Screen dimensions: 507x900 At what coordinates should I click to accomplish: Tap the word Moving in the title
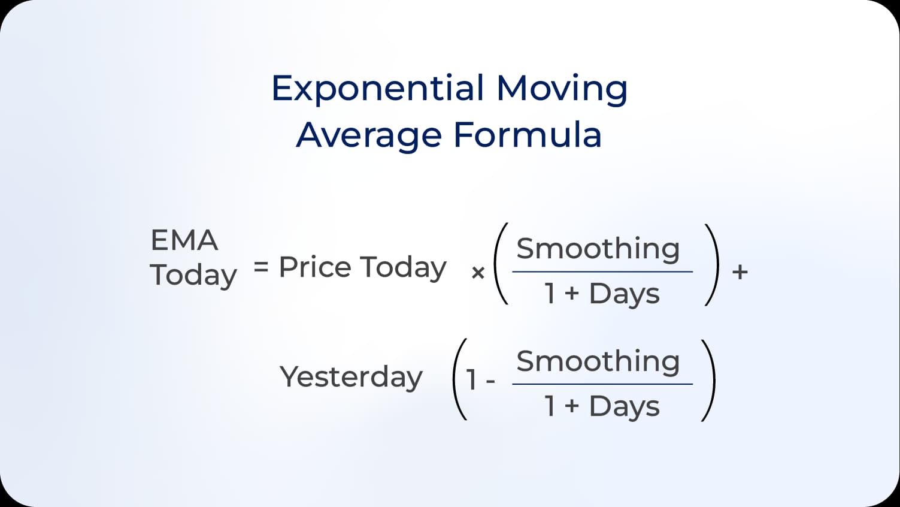pos(562,88)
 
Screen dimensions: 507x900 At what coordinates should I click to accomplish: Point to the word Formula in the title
pos(527,134)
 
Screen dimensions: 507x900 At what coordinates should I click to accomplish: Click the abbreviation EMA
pos(184,240)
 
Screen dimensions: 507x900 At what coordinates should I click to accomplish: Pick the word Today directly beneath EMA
pos(193,275)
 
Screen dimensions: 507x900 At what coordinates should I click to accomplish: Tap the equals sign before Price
pos(260,266)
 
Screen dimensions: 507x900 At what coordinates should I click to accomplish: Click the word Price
pos(315,267)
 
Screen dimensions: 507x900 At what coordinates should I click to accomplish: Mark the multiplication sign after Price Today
pos(478,273)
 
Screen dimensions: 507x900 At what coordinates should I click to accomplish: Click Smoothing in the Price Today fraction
pos(598,249)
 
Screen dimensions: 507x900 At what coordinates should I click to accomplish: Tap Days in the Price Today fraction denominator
pos(624,294)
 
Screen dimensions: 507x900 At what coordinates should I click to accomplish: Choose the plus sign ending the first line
pos(740,272)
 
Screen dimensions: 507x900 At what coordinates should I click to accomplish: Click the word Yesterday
pos(351,377)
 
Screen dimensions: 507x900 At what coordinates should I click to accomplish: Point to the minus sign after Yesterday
pos(491,381)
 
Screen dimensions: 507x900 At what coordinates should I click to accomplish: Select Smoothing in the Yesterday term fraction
pos(598,361)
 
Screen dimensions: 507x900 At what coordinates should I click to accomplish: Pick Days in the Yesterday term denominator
pos(624,406)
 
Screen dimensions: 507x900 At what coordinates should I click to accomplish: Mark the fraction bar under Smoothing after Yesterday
pos(602,384)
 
